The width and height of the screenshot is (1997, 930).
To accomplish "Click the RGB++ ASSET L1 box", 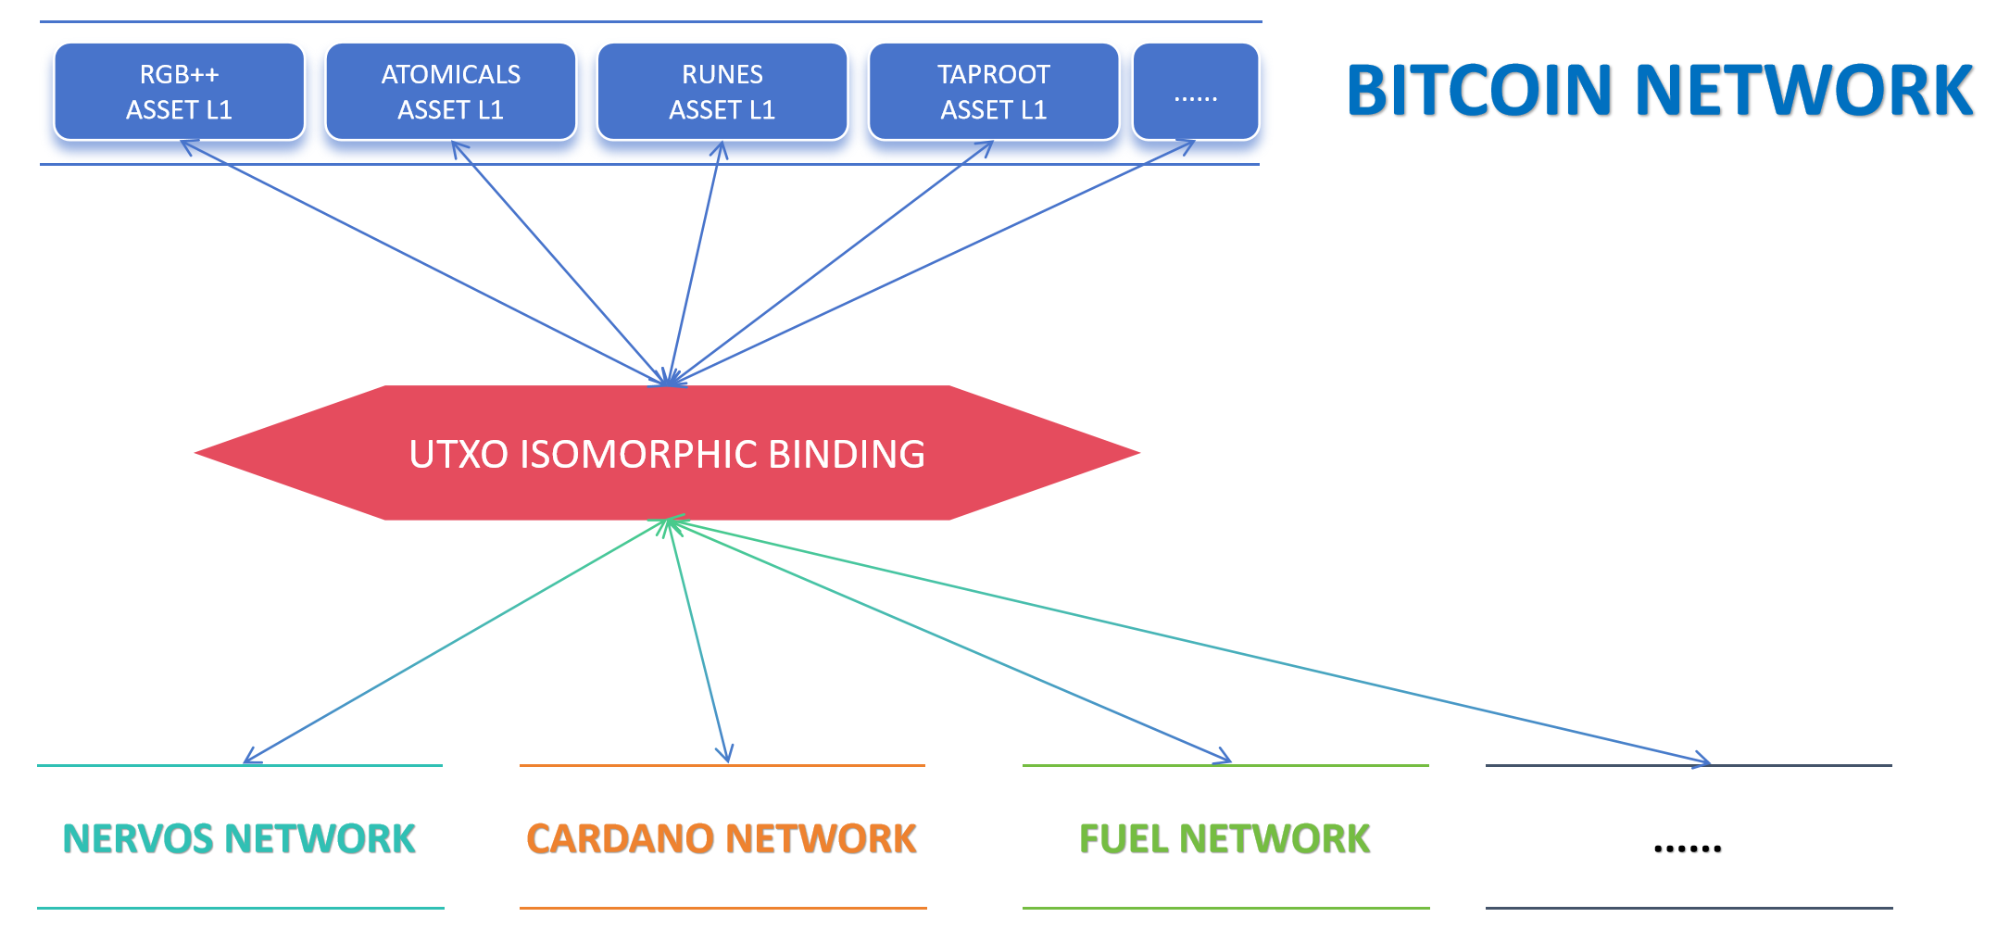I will (179, 92).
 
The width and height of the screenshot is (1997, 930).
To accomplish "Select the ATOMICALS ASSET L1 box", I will (450, 92).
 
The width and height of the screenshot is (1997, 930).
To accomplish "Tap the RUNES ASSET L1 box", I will (722, 92).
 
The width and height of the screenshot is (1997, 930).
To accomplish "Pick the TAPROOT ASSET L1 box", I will (993, 92).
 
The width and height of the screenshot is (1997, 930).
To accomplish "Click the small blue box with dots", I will (1195, 92).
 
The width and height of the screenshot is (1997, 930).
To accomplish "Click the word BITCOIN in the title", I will (1479, 91).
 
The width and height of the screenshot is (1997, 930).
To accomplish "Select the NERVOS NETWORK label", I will (239, 839).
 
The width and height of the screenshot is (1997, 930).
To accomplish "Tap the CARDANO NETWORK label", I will (721, 839).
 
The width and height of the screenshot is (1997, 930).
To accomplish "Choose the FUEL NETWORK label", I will (1225, 839).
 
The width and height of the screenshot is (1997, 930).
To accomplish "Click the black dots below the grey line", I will (1688, 847).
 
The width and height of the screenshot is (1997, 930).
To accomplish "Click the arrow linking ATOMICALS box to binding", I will (559, 261).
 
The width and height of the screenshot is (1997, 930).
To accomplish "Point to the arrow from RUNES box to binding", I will (695, 261).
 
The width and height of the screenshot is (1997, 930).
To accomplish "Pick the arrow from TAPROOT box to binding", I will (831, 261).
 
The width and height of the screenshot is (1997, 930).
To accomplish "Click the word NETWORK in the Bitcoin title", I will (1803, 91).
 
